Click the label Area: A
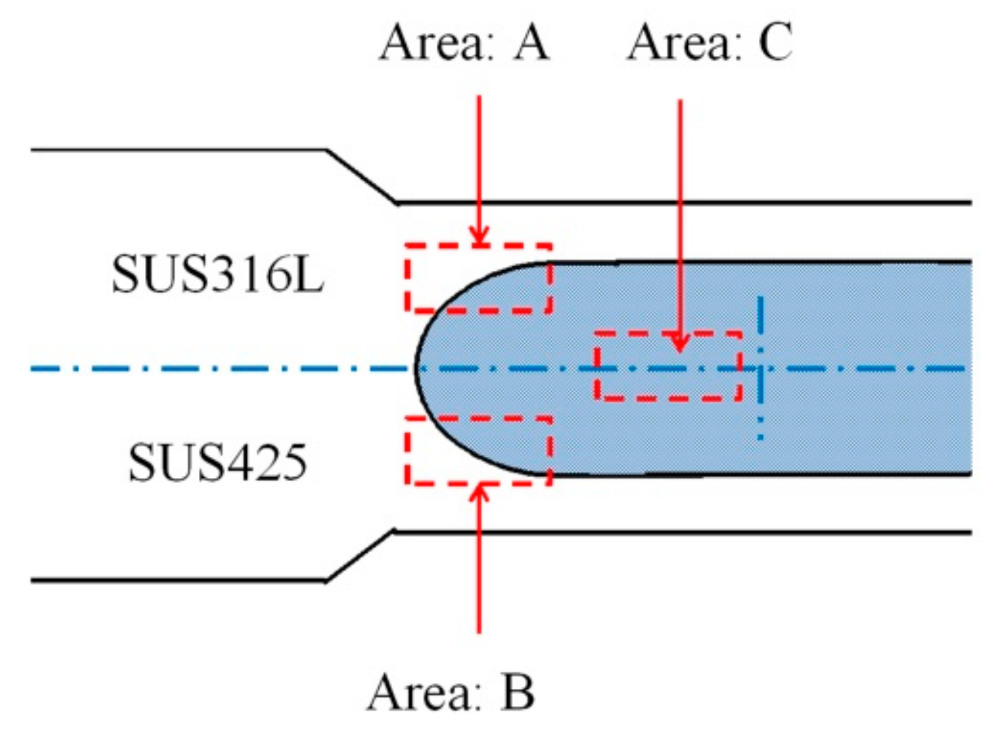464,43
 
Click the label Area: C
710,43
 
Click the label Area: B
451,692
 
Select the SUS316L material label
218,275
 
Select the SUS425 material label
218,462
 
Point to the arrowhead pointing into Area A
479,237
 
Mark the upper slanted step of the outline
362,177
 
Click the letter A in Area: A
531,43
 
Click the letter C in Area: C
775,43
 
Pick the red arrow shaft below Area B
479,568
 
